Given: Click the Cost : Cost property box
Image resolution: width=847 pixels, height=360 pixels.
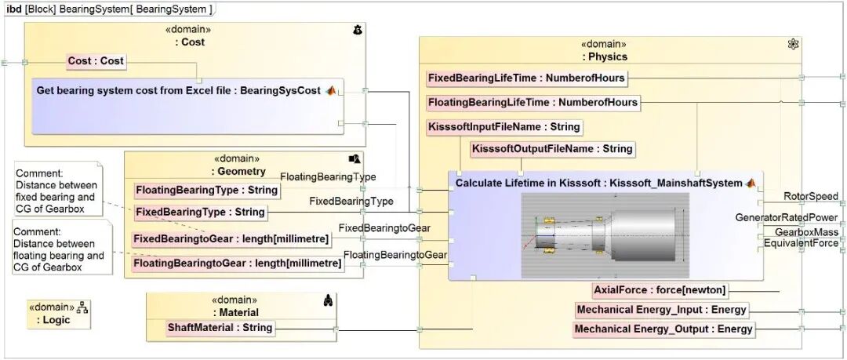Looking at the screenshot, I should click(96, 61).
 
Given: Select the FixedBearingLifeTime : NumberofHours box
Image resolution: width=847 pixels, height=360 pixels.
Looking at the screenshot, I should click(526, 78).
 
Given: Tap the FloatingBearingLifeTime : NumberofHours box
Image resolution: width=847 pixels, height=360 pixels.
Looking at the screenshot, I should click(533, 103).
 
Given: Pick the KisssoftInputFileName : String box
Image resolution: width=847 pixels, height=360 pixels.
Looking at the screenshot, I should click(504, 127).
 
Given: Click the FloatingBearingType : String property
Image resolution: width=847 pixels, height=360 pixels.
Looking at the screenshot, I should click(207, 190).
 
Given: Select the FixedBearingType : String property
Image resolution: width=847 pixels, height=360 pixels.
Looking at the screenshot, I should click(199, 213).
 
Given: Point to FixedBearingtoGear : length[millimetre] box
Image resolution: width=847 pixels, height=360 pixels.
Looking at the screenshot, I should click(230, 239).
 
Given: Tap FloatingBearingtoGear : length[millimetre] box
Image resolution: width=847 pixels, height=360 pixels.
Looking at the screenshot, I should click(238, 264).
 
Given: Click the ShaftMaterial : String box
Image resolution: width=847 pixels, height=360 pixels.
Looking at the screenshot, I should click(220, 328).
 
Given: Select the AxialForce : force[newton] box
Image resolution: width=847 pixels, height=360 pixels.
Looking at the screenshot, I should click(660, 290).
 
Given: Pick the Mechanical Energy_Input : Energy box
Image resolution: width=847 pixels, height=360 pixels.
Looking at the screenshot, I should click(660, 310).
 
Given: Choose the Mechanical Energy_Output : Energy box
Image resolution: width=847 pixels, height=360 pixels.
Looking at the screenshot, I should click(663, 329).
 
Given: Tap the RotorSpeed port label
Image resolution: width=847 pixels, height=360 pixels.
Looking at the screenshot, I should click(811, 197).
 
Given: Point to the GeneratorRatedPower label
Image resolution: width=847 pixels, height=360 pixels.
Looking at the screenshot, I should click(786, 217).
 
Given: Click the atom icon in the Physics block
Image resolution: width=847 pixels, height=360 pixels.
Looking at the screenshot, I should click(793, 44).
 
